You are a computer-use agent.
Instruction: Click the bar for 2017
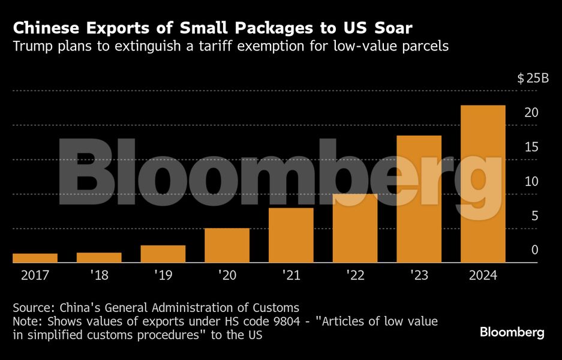[35, 258]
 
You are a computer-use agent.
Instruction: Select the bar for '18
[99, 257]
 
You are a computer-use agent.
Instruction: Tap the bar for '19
[163, 254]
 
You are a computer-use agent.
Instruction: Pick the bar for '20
[227, 245]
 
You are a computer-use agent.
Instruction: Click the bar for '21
[291, 235]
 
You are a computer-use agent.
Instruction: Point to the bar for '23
[419, 199]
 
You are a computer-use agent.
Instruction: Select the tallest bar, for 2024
[483, 184]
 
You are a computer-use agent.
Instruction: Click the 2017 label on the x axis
[35, 275]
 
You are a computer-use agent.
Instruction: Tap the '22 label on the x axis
[354, 275]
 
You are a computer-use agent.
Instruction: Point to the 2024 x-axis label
[483, 275]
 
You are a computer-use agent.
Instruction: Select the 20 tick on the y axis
[530, 113]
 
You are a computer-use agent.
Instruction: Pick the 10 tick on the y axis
[530, 182]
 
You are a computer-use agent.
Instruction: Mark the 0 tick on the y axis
[534, 250]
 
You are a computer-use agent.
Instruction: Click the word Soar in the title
[390, 28]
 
